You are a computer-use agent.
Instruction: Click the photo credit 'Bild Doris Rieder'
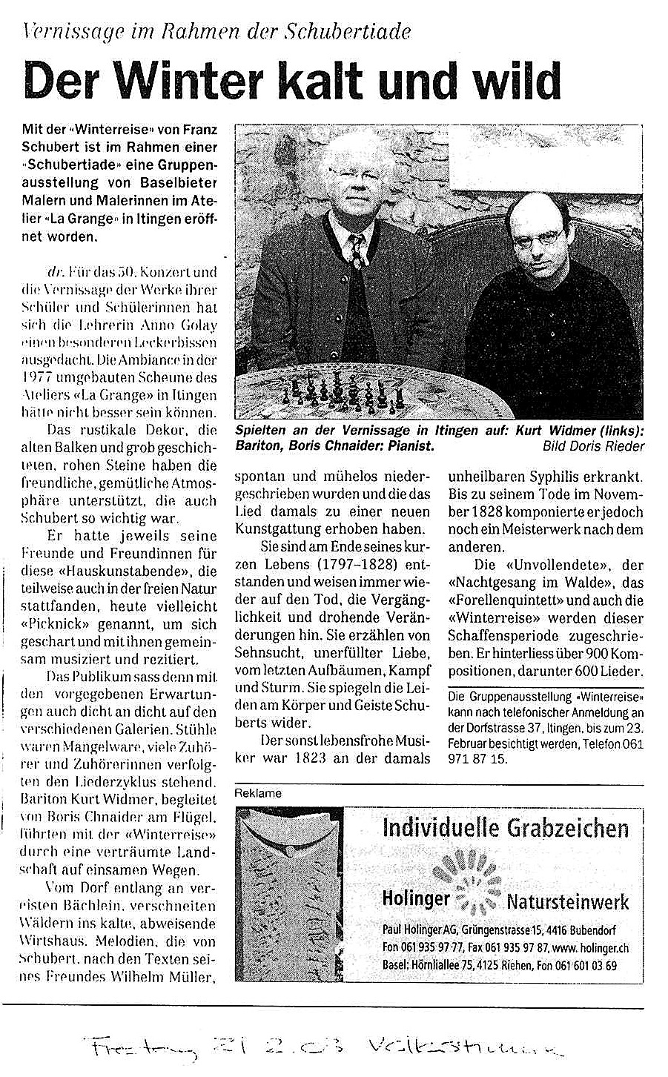pos(593,446)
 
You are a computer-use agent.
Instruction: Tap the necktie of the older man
pos(358,252)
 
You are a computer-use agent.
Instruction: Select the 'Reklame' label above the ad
pos(257,792)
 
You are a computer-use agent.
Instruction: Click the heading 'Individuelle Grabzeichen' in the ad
pos(505,827)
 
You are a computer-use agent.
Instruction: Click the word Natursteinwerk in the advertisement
pos(568,901)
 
